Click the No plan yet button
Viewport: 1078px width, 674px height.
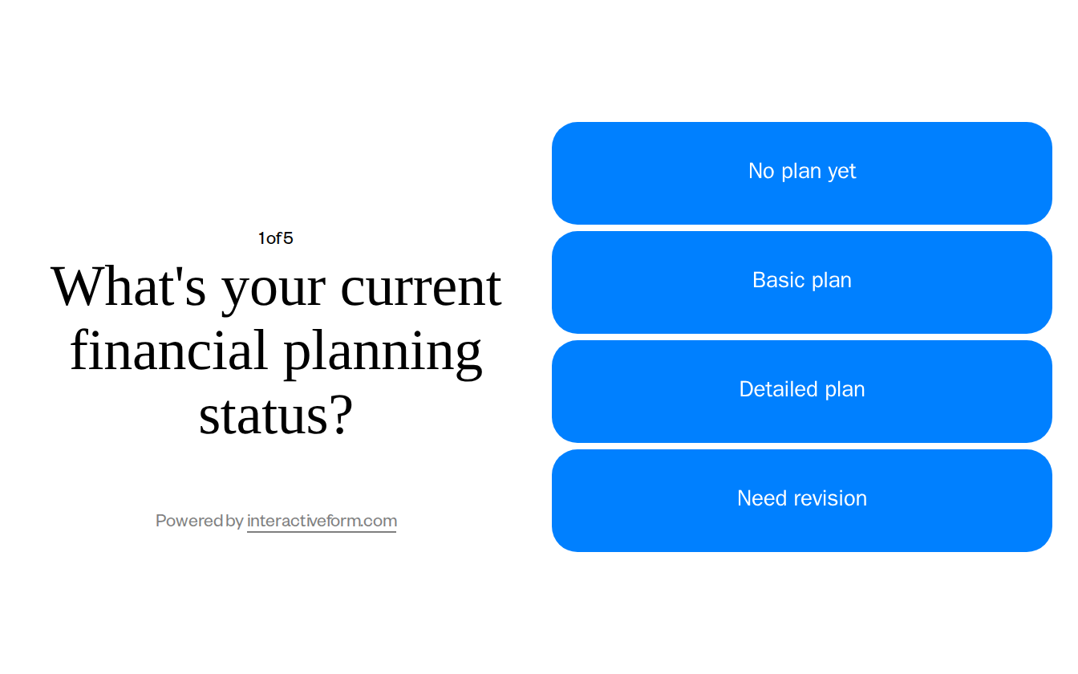pos(801,173)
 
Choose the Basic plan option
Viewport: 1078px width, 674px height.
pos(801,282)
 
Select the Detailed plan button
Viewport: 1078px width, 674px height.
pos(801,391)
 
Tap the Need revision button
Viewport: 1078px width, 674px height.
pos(801,500)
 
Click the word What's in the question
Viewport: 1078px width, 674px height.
pos(128,286)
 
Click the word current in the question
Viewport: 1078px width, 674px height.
pos(421,287)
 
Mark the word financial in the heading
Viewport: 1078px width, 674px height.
pos(168,351)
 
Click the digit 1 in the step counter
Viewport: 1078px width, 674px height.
pos(261,238)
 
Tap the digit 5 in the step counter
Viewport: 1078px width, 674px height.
pos(288,238)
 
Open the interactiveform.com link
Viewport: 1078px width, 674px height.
pos(322,521)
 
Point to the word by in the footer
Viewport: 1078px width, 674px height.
pos(235,522)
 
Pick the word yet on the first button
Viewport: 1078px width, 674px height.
pos(841,172)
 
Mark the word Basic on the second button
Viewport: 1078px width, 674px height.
pos(775,280)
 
